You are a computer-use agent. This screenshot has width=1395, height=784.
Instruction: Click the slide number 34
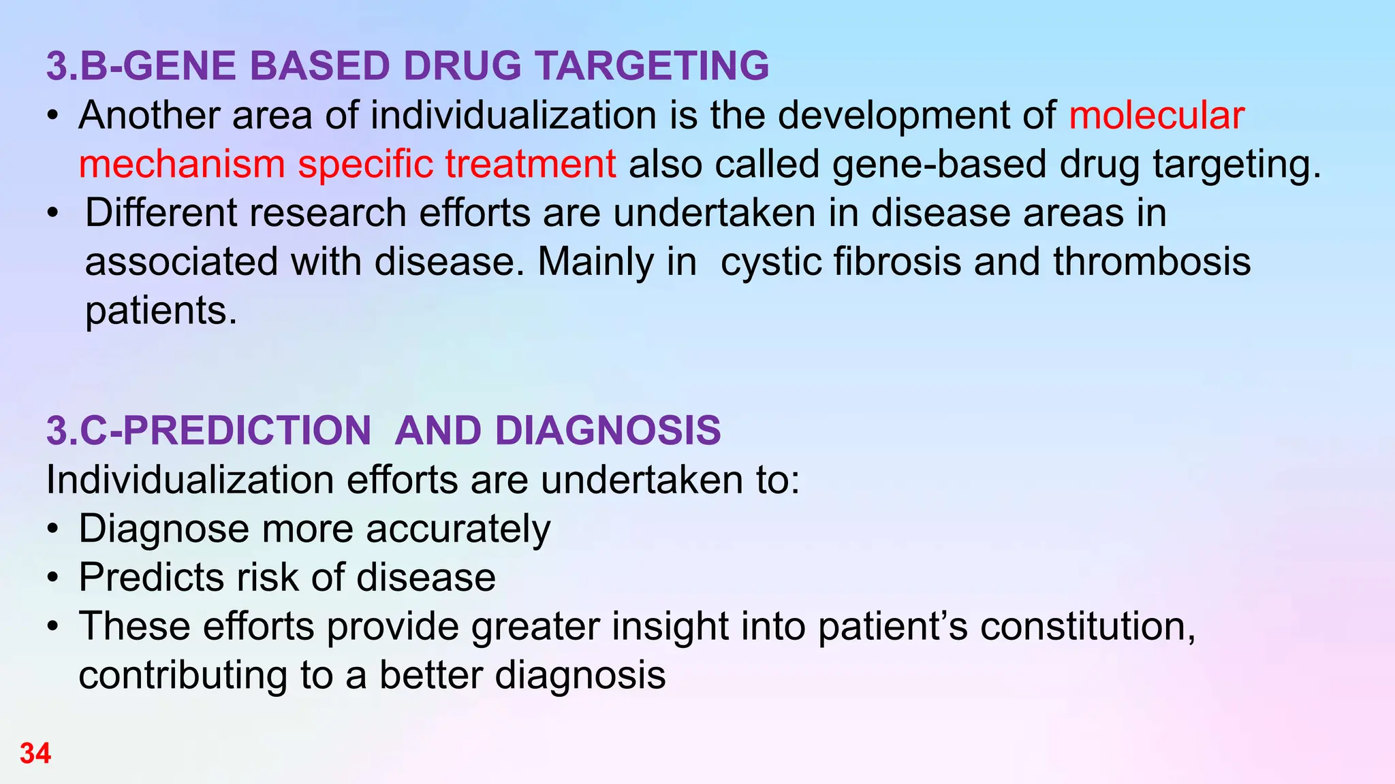pyautogui.click(x=35, y=753)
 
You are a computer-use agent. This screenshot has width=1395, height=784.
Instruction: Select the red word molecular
pyautogui.click(x=1157, y=115)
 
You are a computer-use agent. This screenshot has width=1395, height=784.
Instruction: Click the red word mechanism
pyautogui.click(x=181, y=164)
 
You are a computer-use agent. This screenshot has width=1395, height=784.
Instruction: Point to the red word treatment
pyautogui.click(x=531, y=164)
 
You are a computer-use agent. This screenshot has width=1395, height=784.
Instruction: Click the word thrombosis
pyautogui.click(x=1152, y=262)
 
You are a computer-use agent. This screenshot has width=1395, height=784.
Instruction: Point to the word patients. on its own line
pyautogui.click(x=161, y=311)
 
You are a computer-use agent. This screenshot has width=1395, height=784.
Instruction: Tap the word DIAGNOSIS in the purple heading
pyautogui.click(x=608, y=431)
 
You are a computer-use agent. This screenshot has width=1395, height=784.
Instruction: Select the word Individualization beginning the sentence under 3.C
pyautogui.click(x=189, y=480)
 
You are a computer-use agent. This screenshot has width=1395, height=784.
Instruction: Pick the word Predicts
pyautogui.click(x=151, y=578)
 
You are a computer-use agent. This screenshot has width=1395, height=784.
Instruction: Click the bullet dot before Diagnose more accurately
pyautogui.click(x=53, y=529)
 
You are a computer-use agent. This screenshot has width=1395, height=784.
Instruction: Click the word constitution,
pyautogui.click(x=1088, y=627)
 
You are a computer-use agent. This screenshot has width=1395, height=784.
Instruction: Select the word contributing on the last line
pyautogui.click(x=183, y=676)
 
